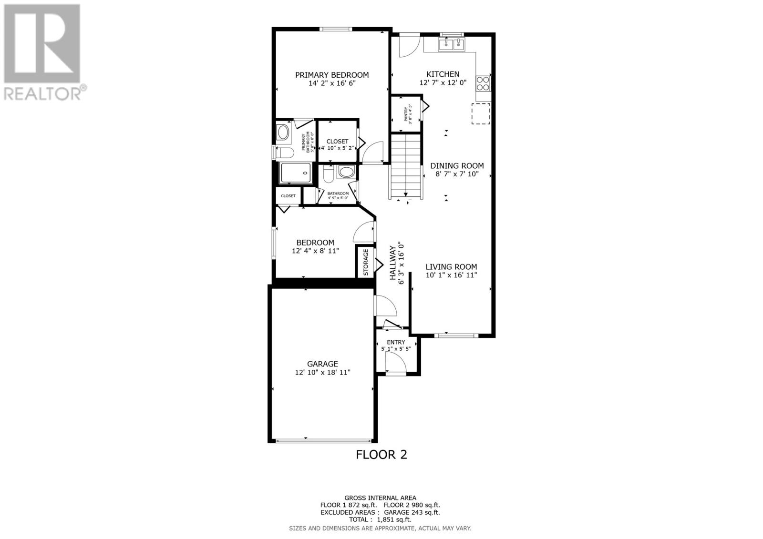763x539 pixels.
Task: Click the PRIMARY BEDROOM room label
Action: tap(331, 75)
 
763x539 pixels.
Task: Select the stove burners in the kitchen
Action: tap(483, 83)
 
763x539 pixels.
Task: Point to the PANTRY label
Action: tap(406, 114)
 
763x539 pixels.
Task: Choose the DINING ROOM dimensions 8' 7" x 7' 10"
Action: tap(457, 174)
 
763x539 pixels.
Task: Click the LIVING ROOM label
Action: tap(451, 267)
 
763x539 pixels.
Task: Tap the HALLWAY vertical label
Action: tap(393, 263)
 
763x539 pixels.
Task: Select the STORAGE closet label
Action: tap(366, 262)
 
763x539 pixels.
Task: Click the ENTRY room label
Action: tap(396, 342)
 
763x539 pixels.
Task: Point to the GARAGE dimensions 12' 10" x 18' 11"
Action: tap(322, 372)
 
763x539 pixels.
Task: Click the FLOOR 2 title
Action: tap(381, 455)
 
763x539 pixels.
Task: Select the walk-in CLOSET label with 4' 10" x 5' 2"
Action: tap(337, 142)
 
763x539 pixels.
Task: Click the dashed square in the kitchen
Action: tap(481, 114)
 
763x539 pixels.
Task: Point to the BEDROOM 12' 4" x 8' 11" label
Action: tap(315, 243)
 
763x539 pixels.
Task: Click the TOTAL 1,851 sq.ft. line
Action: tap(380, 519)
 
